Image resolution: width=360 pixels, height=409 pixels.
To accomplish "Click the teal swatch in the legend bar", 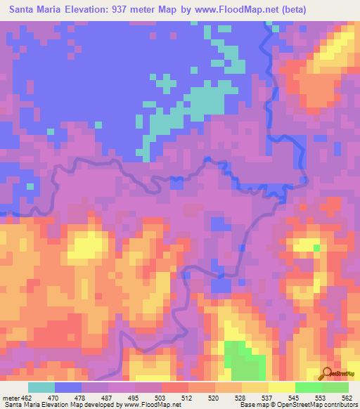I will pos(41,387).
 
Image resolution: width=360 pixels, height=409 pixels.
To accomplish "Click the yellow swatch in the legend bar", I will pos(281,387).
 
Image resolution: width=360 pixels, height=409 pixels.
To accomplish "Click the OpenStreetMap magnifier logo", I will pos(327,373).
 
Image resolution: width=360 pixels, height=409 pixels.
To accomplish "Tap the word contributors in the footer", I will pos(337,404).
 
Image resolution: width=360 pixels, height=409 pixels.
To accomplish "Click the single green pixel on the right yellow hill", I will pos(317,247).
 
